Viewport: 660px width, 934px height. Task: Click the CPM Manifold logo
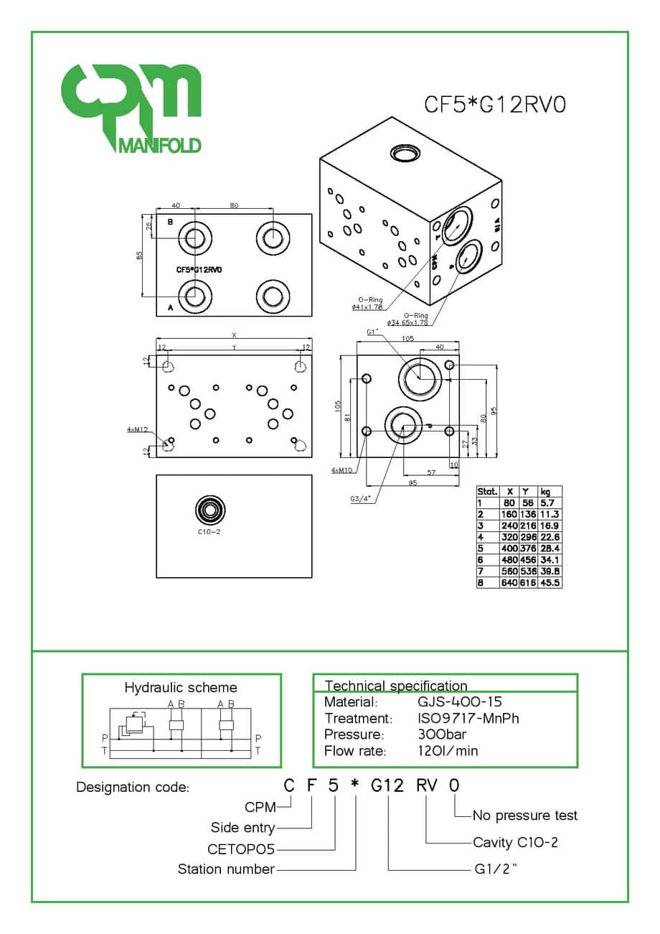pyautogui.click(x=130, y=108)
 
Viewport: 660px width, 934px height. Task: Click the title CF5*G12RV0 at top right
pyautogui.click(x=495, y=105)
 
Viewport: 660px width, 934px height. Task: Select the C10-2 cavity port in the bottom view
pyautogui.click(x=209, y=510)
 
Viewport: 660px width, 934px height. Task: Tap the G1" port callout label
pyautogui.click(x=372, y=332)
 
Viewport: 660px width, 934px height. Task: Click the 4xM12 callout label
pyautogui.click(x=137, y=429)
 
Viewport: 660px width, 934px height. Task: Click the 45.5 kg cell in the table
pyautogui.click(x=551, y=582)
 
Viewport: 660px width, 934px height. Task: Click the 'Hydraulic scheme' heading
pyautogui.click(x=181, y=687)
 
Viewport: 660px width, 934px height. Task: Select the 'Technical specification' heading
pyautogui.click(x=396, y=686)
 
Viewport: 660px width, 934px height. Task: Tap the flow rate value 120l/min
pyautogui.click(x=448, y=751)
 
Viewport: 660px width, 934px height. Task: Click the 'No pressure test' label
pyautogui.click(x=525, y=815)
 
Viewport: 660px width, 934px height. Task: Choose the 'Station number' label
pyautogui.click(x=226, y=869)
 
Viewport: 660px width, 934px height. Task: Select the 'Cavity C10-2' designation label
pyautogui.click(x=515, y=842)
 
